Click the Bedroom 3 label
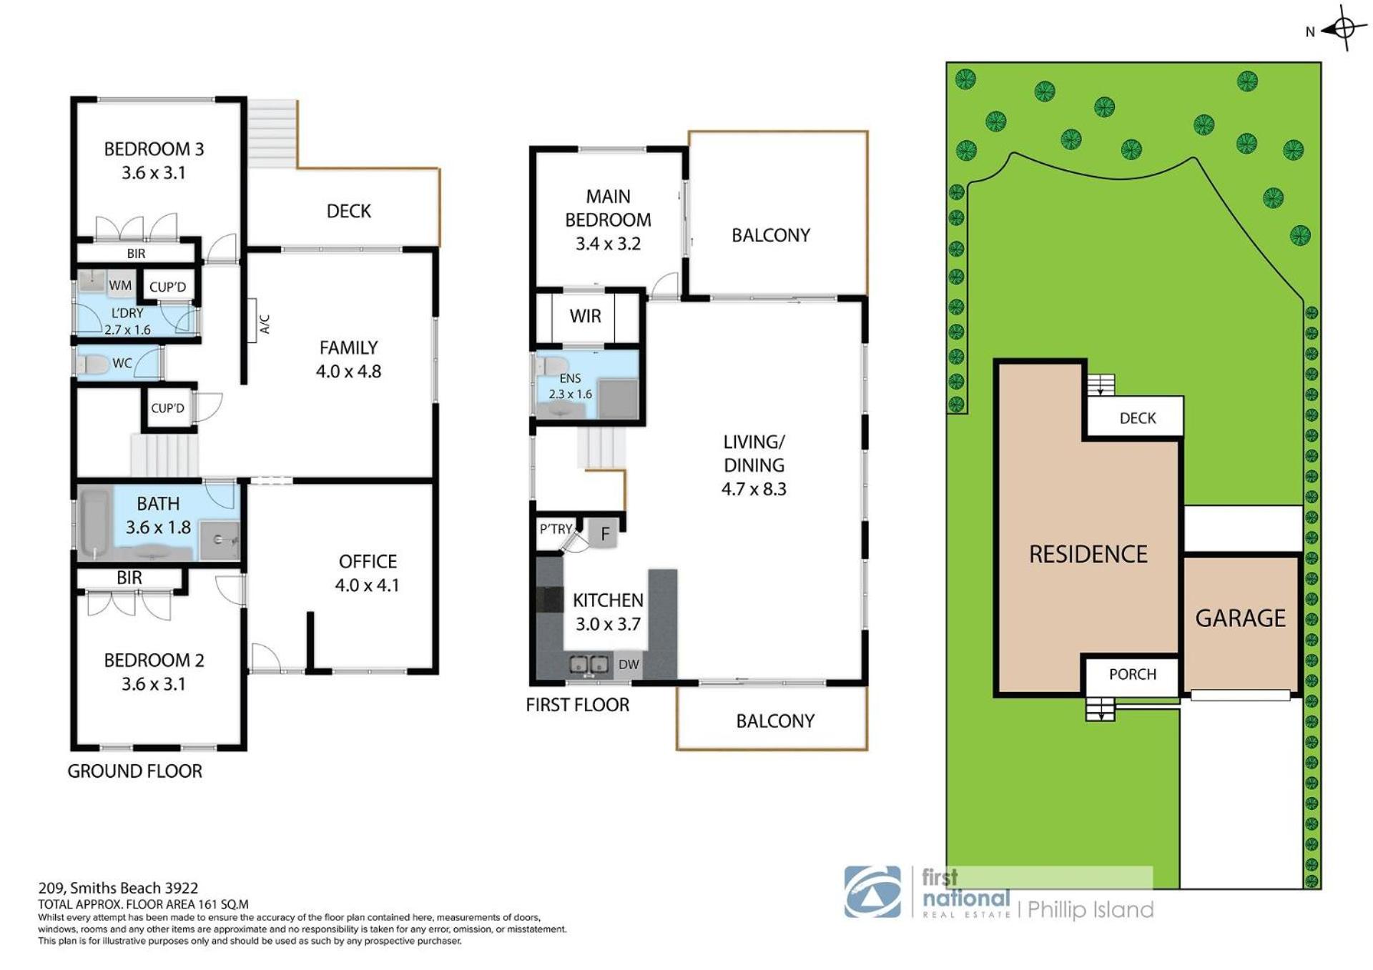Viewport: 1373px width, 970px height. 154,149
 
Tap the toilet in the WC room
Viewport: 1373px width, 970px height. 92,364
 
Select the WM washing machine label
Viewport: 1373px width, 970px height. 120,286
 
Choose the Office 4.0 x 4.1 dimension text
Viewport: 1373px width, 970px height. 368,585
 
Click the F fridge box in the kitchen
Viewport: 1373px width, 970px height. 604,533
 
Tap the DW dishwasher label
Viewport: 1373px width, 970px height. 629,664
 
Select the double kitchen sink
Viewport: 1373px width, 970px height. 589,665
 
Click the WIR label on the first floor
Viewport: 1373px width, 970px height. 586,317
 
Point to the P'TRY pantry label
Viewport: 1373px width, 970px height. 556,529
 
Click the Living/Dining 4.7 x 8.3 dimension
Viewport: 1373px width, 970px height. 754,489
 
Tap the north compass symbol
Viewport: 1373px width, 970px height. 1343,29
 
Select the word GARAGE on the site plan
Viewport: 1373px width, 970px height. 1241,618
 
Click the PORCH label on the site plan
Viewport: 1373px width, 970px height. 1133,674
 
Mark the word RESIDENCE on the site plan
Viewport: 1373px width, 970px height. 1088,554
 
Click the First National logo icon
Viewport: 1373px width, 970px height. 872,891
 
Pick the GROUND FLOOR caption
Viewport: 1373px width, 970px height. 134,771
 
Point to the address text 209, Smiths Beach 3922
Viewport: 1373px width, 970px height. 118,889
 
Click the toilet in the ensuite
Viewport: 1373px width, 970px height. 551,367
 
